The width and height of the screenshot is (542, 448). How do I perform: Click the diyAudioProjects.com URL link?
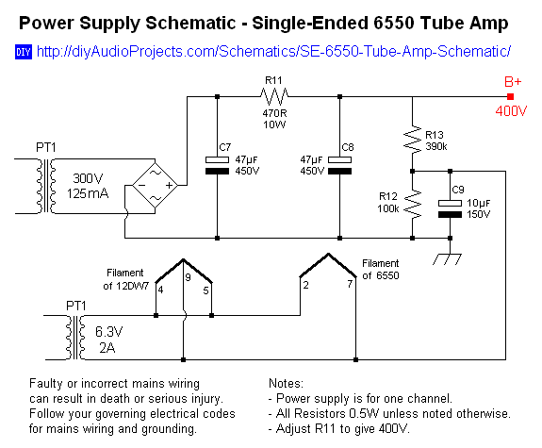pos(273,50)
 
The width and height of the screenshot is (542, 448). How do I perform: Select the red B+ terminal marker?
pos(510,96)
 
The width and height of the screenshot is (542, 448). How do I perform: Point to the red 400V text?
pos(511,112)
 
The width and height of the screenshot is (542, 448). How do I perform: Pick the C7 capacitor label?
pos(223,148)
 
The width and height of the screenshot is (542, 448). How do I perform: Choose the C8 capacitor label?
pos(349,148)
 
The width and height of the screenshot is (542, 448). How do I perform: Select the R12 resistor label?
pos(388,195)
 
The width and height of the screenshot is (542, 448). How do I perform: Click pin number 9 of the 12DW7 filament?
pos(187,277)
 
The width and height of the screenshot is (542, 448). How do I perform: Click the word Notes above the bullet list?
pos(286,384)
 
